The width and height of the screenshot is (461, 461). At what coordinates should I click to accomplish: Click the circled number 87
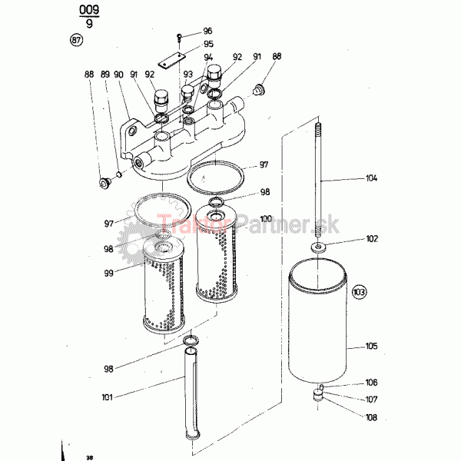coord(76,40)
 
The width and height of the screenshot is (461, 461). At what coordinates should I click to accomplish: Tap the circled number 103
coord(360,292)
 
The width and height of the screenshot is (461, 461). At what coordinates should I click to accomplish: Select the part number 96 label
coord(207,31)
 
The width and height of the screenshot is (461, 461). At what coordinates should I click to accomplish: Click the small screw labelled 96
coord(179,38)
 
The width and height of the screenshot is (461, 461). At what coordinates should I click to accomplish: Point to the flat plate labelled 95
coord(171,60)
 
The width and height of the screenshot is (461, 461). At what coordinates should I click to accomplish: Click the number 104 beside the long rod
coord(371,178)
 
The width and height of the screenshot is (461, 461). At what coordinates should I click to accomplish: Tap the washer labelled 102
coord(318,247)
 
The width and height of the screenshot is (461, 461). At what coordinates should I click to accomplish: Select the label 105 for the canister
coord(371,346)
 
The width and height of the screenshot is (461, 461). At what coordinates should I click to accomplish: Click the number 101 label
coord(108,397)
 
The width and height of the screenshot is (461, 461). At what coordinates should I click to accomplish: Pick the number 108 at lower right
coord(371,417)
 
